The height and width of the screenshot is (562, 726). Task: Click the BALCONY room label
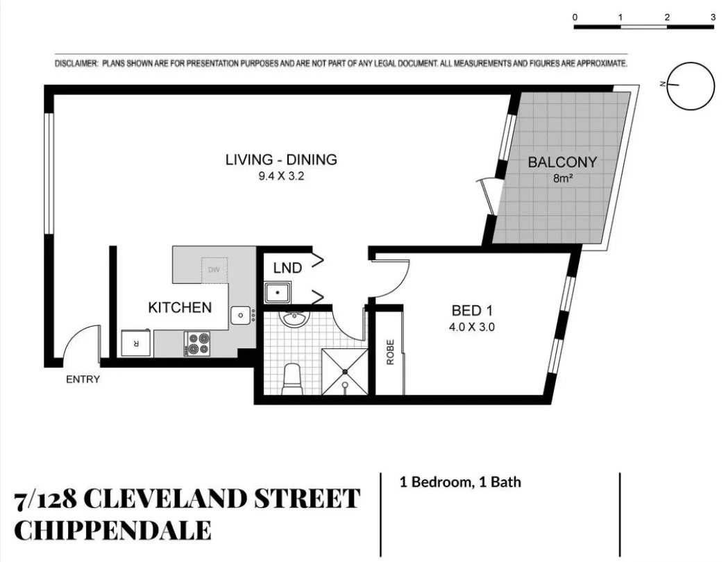(x=562, y=163)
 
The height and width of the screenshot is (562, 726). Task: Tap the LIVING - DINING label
(x=281, y=160)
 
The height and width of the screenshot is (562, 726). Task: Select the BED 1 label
(x=472, y=310)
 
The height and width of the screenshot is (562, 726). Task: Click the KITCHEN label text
(x=180, y=307)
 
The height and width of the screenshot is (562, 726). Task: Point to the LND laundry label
(x=287, y=268)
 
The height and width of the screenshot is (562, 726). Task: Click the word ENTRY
(x=83, y=380)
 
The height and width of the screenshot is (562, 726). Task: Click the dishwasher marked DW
(x=214, y=269)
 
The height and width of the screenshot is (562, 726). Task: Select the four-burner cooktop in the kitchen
(x=198, y=343)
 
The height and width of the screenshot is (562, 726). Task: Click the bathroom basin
(x=294, y=321)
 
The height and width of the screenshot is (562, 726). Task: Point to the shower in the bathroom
(x=344, y=372)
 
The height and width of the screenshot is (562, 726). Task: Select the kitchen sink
(x=241, y=316)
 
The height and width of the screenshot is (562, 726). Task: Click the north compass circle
(x=691, y=85)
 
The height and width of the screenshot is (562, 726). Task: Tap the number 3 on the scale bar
(x=713, y=17)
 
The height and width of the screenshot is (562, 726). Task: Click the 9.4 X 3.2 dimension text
(x=281, y=176)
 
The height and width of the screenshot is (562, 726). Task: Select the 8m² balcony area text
(x=562, y=178)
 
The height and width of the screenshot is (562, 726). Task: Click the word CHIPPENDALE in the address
(x=113, y=531)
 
